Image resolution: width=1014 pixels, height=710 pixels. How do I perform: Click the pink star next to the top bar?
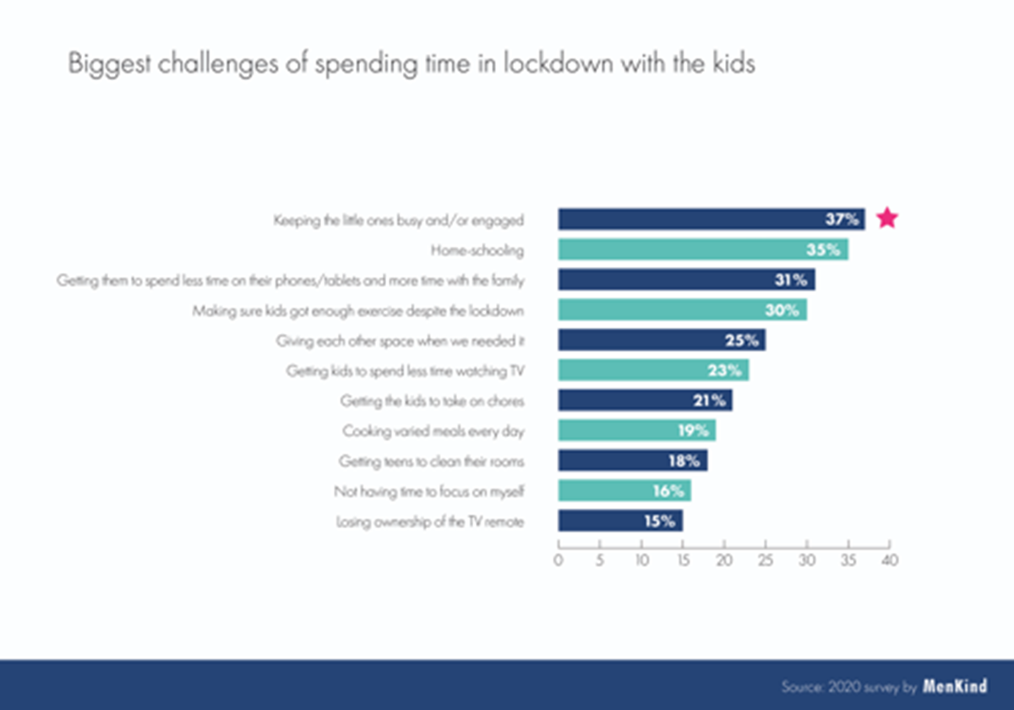[x=887, y=218]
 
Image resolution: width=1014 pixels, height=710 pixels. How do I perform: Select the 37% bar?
[x=711, y=219]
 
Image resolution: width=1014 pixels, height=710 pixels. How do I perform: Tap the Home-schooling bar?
[x=703, y=249]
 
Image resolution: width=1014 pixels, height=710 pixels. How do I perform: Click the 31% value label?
[x=790, y=280]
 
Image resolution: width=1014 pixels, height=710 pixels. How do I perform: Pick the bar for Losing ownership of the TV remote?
[x=620, y=521]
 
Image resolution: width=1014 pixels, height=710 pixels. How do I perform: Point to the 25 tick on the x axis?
[x=766, y=544]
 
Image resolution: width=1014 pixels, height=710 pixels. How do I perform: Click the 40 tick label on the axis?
[x=890, y=560]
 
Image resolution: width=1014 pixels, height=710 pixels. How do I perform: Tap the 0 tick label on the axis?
[x=559, y=560]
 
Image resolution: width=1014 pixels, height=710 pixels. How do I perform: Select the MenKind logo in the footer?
[x=955, y=686]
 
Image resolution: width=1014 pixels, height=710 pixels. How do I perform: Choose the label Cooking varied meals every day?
[x=433, y=431]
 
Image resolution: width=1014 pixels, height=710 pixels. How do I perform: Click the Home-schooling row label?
[x=477, y=250]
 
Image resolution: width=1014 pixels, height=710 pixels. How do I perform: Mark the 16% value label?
[x=668, y=491]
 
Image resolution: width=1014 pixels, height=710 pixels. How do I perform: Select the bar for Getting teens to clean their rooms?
[x=633, y=461]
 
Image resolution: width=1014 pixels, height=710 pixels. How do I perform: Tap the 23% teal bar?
[x=654, y=370]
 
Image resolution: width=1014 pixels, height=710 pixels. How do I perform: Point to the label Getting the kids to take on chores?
[x=433, y=401]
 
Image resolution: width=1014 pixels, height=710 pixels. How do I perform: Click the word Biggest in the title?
[x=109, y=64]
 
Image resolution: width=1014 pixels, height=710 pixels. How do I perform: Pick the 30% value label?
[x=782, y=310]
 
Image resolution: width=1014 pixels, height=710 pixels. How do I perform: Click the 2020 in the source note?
[x=844, y=687]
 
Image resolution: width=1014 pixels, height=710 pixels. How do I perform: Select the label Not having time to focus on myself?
[x=429, y=492]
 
